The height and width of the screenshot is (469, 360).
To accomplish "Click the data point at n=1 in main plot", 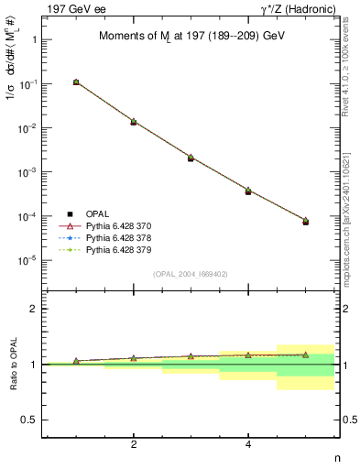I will click(x=76, y=82).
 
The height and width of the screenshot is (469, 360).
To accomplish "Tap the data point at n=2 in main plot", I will click(x=134, y=121).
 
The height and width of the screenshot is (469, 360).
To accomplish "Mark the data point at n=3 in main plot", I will click(x=191, y=158).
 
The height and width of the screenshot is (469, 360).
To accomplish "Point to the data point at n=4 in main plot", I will click(x=248, y=191).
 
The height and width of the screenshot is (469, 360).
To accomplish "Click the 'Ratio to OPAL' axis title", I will click(x=11, y=365).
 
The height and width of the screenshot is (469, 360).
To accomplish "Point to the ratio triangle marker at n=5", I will click(x=306, y=354).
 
